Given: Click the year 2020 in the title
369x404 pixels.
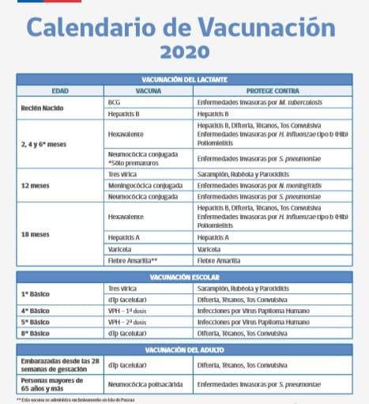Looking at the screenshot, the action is click(184, 52).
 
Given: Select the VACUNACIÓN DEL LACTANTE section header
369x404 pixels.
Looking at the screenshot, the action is click(183, 80).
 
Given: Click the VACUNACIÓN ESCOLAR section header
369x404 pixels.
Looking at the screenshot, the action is click(183, 278).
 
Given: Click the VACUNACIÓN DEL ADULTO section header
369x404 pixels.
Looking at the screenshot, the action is click(183, 349).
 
